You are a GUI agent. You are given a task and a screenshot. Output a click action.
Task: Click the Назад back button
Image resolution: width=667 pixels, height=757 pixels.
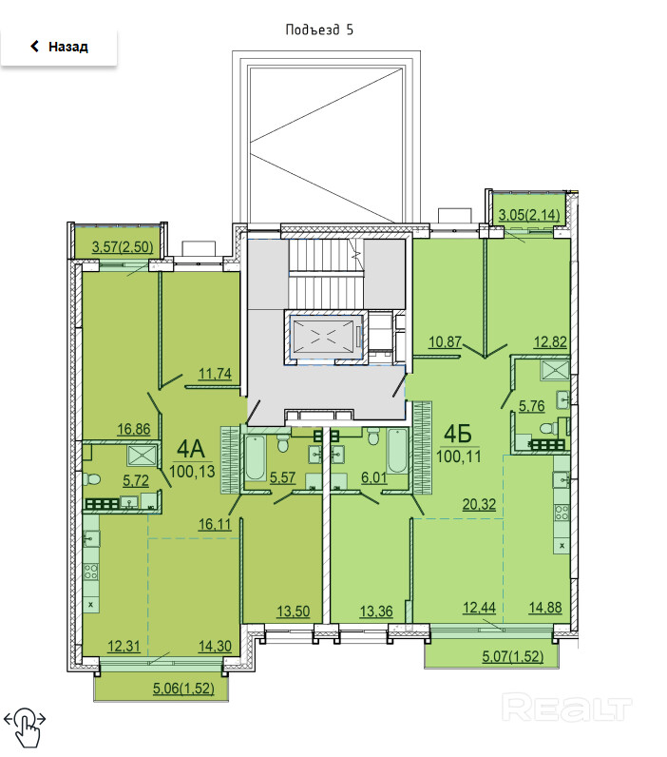[58, 47]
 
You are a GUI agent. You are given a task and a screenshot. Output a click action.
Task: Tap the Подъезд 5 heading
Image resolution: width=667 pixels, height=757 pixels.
[319, 29]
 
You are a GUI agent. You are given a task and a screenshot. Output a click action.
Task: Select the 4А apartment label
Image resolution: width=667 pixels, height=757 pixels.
[191, 449]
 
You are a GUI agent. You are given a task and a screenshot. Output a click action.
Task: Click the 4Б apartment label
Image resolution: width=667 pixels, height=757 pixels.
[458, 434]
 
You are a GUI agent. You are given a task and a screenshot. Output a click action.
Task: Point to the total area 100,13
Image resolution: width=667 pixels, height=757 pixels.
[193, 471]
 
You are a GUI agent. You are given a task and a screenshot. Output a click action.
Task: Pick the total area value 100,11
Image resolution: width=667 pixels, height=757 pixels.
[459, 456]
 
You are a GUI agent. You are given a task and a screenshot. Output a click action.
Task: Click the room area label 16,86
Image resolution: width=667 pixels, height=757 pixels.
[134, 429]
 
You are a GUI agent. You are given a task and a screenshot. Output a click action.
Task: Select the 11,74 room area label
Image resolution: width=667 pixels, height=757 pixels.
[215, 373]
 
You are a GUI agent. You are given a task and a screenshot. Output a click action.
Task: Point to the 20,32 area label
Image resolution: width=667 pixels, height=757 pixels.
[479, 504]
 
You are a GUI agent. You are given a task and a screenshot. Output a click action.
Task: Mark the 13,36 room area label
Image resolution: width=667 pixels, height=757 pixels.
[376, 611]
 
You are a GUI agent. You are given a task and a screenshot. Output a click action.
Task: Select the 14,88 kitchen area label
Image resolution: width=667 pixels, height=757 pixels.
[545, 607]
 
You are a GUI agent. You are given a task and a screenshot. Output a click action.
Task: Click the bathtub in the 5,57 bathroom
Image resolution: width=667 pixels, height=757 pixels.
[256, 457]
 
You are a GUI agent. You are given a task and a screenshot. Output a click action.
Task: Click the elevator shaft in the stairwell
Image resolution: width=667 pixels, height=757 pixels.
[325, 336]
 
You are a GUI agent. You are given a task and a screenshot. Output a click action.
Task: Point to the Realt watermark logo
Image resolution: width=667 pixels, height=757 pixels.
[566, 708]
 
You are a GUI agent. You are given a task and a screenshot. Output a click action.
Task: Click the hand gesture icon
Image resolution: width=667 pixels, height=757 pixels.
[25, 727]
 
